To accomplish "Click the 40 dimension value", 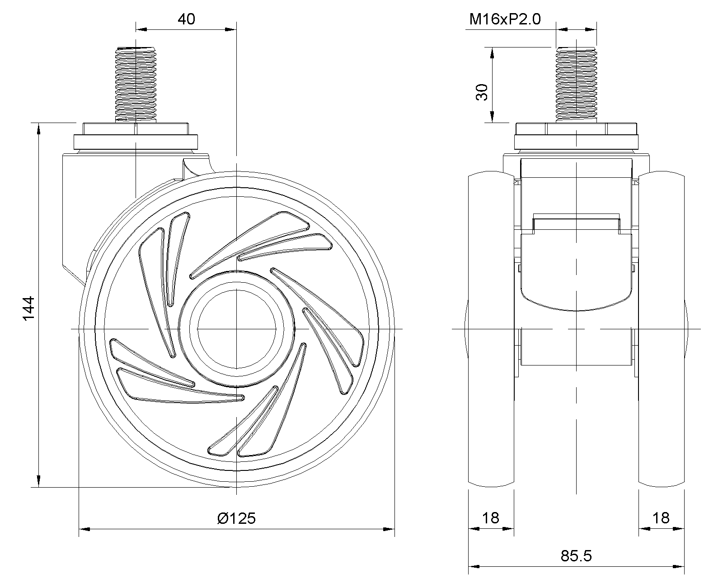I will coord(186,19).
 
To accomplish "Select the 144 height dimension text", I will coord(28,308).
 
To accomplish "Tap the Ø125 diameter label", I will coord(236,518).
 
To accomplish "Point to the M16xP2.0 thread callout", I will coord(505,19).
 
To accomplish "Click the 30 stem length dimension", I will coord(482,92).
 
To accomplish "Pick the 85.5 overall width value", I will coord(576,556).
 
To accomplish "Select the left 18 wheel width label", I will coord(491,518).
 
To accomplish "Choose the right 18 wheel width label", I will coord(661,518).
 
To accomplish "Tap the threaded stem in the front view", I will coord(577,84).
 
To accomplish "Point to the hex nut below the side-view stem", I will coord(136,128).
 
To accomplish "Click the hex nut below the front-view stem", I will coord(577,128).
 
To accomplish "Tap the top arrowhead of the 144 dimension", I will coord(39,128).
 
